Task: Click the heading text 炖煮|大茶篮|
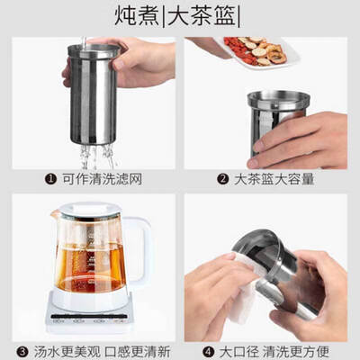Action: click(x=177, y=15)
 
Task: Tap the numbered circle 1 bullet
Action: click(x=50, y=179)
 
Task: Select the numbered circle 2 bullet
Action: click(x=223, y=179)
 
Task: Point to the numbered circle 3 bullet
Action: click(x=22, y=352)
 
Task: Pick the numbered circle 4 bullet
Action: click(x=208, y=352)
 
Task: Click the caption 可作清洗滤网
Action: click(x=102, y=179)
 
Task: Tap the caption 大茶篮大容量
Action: click(x=274, y=179)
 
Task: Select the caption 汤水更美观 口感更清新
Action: click(x=102, y=352)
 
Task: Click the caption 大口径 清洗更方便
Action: click(x=274, y=352)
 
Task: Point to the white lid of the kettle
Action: click(x=90, y=210)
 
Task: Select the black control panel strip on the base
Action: click(x=89, y=316)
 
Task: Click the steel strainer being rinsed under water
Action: click(x=93, y=94)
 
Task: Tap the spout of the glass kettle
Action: click(x=55, y=213)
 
